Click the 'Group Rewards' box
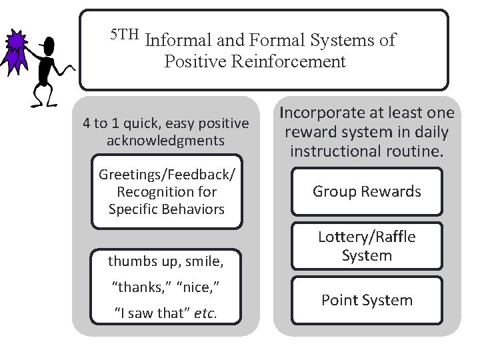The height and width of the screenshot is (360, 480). (367, 192)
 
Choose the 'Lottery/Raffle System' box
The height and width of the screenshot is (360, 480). (367, 246)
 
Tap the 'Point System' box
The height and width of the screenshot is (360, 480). (367, 301)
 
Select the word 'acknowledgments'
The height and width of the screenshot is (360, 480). (165, 141)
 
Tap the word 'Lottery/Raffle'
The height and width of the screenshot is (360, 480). (367, 237)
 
